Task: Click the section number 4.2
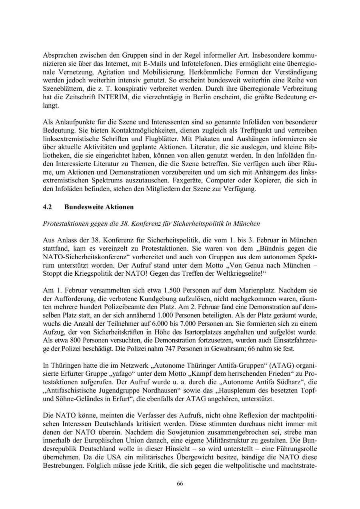[48, 207]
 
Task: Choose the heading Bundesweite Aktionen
[99, 207]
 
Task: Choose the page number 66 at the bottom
[180, 483]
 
